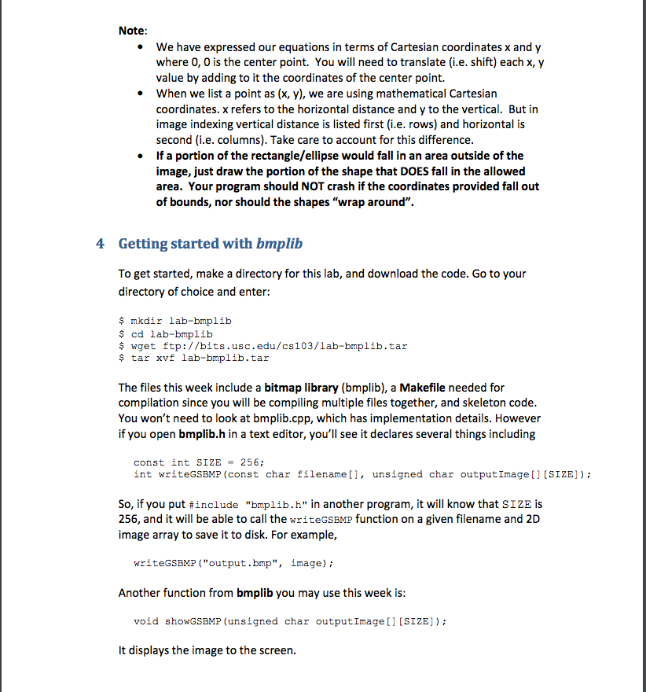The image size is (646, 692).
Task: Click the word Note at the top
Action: click(x=131, y=31)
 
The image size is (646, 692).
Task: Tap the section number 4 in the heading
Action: click(x=100, y=243)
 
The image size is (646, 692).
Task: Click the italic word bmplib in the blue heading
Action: click(x=279, y=243)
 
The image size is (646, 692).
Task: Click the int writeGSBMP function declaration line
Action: click(x=362, y=474)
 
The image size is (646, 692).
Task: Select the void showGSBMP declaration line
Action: click(x=292, y=621)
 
